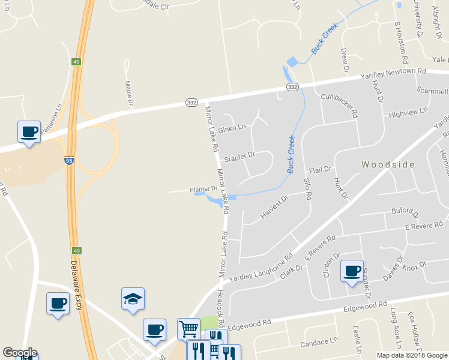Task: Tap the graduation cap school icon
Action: coord(133,299)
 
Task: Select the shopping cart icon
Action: coord(188,329)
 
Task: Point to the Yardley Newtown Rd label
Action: coord(393,74)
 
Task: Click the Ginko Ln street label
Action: coord(232,127)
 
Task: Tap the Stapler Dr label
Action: coord(240,157)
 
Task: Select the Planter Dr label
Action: coord(203,188)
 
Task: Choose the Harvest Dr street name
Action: coord(275,206)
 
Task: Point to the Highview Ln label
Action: coord(408,112)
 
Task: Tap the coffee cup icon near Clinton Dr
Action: coord(352,270)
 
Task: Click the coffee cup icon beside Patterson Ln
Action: coord(29,131)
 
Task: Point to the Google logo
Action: coord(20,353)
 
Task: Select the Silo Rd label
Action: coord(307,188)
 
